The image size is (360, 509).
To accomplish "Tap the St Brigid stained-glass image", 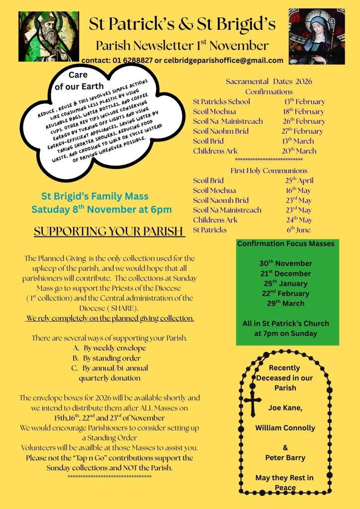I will [317, 36].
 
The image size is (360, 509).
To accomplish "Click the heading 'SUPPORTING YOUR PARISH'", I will [109, 232].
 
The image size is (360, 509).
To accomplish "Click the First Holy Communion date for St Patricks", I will [299, 230].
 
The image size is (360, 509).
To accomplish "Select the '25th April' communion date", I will [299, 180].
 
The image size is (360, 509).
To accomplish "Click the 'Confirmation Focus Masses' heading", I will [286, 244].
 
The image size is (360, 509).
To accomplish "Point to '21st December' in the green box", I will [285, 273].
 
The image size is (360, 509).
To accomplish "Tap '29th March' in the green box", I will [285, 303].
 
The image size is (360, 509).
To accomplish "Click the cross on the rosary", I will [252, 401].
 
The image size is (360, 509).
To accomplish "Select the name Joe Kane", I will [285, 408].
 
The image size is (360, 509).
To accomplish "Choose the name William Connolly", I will [285, 427].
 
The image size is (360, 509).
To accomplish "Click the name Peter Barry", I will [285, 457].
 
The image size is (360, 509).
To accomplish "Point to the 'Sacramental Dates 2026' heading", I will [269, 82].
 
